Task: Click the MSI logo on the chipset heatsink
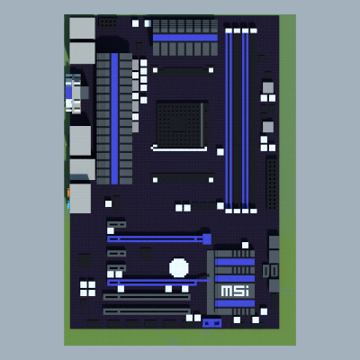[x=235, y=291]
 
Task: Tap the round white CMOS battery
[x=179, y=267]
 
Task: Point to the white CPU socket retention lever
[x=179, y=148]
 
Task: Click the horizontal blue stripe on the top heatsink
[x=185, y=38]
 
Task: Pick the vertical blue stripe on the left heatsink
[x=114, y=119]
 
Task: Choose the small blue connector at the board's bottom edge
[x=211, y=323]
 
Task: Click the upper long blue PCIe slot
[x=159, y=238]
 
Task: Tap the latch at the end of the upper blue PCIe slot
[x=207, y=239]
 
